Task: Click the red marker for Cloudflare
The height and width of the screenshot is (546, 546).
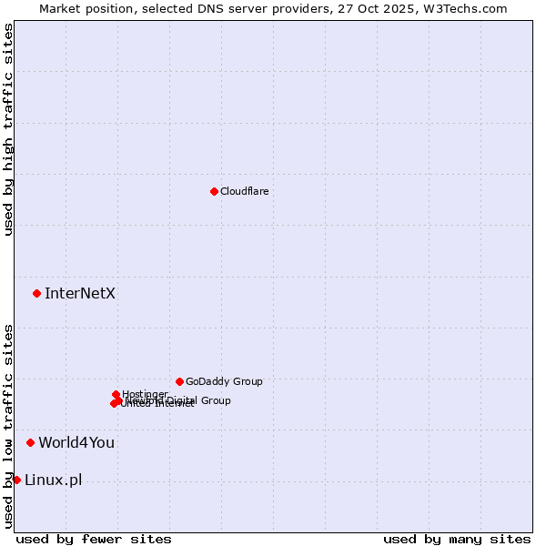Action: (214, 191)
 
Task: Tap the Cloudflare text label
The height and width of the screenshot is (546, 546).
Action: (244, 191)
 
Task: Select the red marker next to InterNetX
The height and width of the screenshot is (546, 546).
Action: (36, 293)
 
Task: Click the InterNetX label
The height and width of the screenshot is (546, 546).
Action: (80, 293)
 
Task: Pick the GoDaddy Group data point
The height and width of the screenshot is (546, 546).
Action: (179, 381)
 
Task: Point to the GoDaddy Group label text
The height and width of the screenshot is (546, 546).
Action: (224, 381)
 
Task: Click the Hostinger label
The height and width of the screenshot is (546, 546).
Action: (145, 394)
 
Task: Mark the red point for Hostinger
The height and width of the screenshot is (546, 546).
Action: (116, 394)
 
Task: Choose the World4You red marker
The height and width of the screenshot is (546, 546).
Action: (30, 442)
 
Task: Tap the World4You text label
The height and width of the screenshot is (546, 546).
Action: (76, 442)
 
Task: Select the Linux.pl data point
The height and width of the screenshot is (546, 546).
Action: (16, 480)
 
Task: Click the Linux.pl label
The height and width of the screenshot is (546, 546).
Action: (53, 480)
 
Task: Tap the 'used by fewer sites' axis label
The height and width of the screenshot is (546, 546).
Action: (94, 539)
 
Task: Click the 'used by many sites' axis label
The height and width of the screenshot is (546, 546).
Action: (457, 539)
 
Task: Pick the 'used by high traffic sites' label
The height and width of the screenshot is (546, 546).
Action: (8, 130)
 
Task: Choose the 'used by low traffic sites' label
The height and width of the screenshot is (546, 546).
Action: (8, 426)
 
